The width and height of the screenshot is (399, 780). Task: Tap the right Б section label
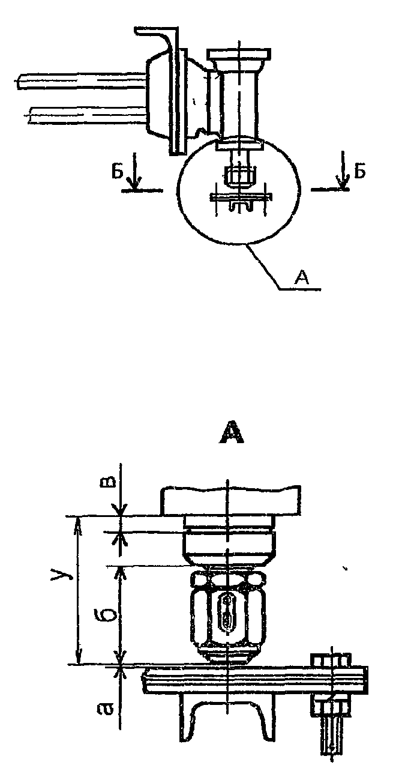point(359,171)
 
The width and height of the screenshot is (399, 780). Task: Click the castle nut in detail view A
point(229,615)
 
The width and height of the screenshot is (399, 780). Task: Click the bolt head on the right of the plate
point(329,660)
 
